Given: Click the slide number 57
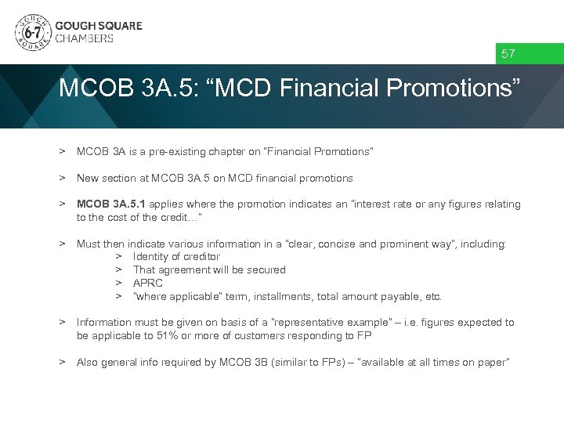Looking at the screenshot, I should (x=508, y=54).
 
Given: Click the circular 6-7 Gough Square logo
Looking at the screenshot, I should (x=32, y=32).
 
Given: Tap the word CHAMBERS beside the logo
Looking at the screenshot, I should (x=84, y=38).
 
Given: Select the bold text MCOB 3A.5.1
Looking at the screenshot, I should (x=110, y=204).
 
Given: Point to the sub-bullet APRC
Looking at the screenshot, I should (x=148, y=284).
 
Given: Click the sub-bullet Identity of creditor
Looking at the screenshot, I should (x=176, y=257).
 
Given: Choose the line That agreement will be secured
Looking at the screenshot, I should (x=209, y=270).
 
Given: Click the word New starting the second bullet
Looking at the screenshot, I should (x=88, y=178).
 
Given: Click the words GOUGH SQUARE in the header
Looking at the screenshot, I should (x=99, y=25).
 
